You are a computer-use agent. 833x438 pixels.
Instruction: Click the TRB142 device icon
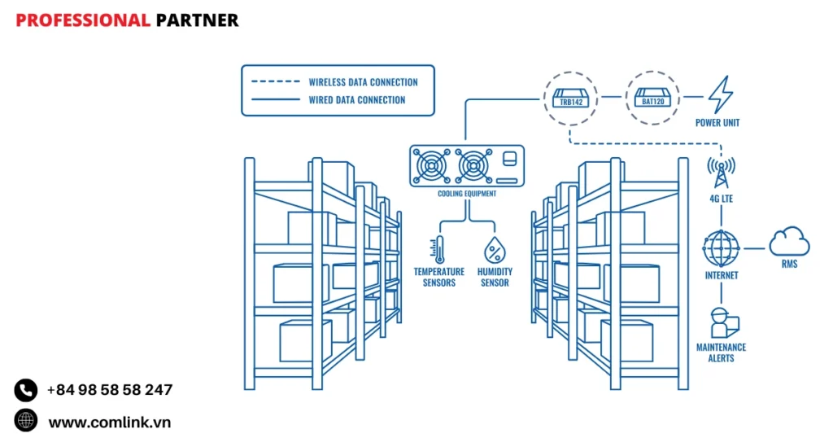pyautogui.click(x=569, y=98)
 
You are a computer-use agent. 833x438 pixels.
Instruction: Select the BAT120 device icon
pyautogui.click(x=652, y=98)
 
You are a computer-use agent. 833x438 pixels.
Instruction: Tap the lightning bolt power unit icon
pyautogui.click(x=718, y=96)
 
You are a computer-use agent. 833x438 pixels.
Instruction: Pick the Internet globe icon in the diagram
pyautogui.click(x=721, y=247)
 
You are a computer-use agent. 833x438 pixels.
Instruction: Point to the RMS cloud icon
pyautogui.click(x=789, y=242)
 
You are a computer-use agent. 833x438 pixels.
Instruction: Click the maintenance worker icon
pyautogui.click(x=720, y=322)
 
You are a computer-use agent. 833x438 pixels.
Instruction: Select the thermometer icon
pyautogui.click(x=439, y=249)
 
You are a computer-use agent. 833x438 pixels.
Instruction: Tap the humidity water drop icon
pyautogui.click(x=494, y=249)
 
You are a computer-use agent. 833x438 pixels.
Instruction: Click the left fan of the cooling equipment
pyautogui.click(x=430, y=167)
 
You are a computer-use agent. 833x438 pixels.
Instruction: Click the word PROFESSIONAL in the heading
pyautogui.click(x=83, y=20)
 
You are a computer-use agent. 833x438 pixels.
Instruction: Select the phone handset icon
pyautogui.click(x=26, y=390)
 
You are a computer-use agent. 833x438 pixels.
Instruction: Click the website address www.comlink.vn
pyautogui.click(x=110, y=422)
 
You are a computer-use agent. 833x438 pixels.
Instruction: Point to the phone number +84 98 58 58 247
pyautogui.click(x=110, y=390)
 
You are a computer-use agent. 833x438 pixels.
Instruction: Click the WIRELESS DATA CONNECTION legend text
pyautogui.click(x=363, y=82)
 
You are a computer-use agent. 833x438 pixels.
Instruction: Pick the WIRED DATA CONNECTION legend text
pyautogui.click(x=356, y=100)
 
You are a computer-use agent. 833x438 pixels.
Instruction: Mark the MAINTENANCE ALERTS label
pyautogui.click(x=721, y=353)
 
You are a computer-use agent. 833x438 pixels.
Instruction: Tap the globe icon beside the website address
pyautogui.click(x=26, y=421)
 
